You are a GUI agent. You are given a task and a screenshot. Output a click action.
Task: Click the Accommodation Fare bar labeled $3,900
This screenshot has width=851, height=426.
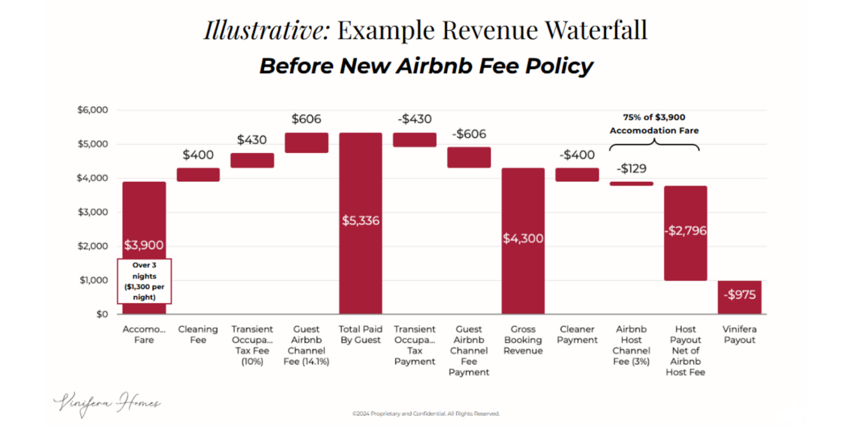(144, 217)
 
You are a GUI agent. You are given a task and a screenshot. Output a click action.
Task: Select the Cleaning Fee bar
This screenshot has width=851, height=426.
(198, 175)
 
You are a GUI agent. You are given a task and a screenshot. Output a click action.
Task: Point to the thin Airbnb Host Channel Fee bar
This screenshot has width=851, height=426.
(631, 184)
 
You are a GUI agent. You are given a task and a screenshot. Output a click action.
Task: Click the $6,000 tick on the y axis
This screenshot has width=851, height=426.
(93, 110)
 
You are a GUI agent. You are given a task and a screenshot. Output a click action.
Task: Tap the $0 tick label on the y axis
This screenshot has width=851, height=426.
(102, 314)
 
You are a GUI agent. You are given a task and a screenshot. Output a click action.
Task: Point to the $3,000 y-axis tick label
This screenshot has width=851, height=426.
(93, 212)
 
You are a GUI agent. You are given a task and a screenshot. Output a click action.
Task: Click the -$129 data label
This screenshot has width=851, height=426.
(631, 169)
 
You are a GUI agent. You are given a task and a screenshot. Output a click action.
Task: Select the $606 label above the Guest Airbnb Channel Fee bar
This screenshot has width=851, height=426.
(306, 119)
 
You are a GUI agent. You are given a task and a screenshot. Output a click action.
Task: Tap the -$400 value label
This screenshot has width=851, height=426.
(577, 155)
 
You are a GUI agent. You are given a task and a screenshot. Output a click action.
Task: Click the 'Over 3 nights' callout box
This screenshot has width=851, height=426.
(144, 281)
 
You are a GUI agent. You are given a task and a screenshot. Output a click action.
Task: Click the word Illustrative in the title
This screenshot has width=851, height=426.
(267, 30)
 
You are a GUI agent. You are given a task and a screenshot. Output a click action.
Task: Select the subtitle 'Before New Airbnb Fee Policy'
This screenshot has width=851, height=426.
(426, 66)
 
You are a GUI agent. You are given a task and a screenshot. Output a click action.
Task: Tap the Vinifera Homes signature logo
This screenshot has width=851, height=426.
(107, 403)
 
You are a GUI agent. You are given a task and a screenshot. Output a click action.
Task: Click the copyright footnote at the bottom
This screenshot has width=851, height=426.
(426, 414)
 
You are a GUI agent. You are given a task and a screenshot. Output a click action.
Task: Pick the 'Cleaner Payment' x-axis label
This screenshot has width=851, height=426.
(577, 334)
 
